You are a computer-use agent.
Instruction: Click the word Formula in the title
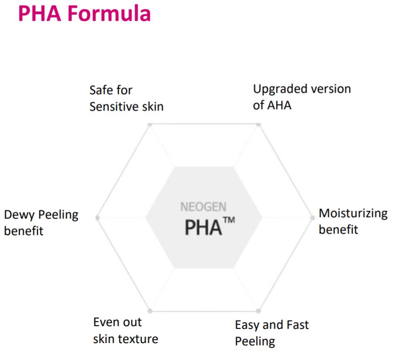click(109, 13)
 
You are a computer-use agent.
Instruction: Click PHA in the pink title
click(40, 13)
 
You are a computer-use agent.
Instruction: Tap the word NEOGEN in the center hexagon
click(203, 207)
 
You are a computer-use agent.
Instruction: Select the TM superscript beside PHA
click(229, 220)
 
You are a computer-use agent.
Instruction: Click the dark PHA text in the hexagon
click(203, 228)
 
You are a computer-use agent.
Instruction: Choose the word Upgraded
click(280, 90)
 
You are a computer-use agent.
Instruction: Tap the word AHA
click(279, 106)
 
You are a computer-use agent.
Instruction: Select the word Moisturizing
click(353, 214)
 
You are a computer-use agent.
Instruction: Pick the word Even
click(104, 322)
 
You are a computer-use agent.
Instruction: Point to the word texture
click(138, 339)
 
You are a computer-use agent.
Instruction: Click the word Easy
click(248, 326)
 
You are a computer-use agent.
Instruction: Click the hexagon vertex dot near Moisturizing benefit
click(312, 218)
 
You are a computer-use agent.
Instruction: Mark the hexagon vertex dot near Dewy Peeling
click(97, 218)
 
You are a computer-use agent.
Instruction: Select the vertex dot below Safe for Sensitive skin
click(150, 125)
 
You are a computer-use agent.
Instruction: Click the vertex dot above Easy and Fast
click(258, 311)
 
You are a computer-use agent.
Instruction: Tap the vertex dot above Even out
click(150, 311)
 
